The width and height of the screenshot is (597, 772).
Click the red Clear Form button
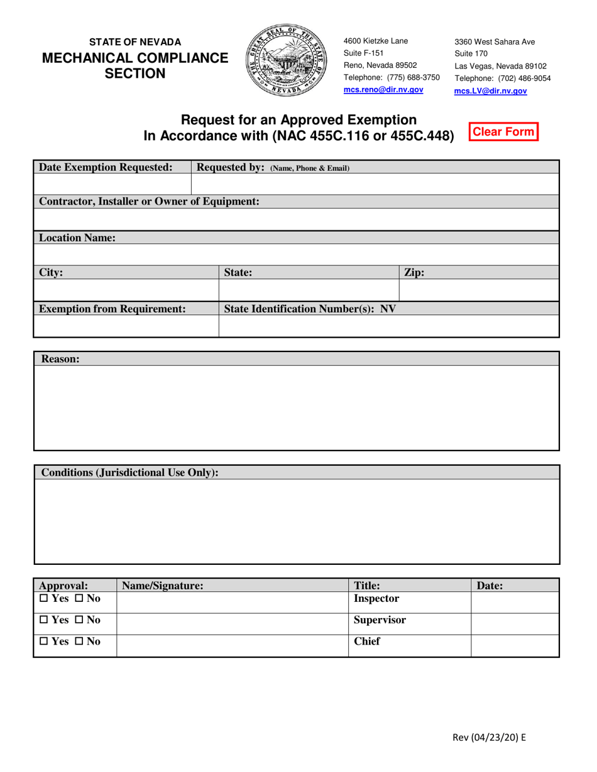[503, 132]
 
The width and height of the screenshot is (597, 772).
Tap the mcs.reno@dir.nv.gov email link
[383, 90]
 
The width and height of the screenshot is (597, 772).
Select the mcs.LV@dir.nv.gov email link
[491, 91]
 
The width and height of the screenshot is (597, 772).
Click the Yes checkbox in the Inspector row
[43, 599]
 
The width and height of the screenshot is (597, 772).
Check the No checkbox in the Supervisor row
[80, 620]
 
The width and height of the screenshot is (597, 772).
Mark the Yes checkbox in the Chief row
[43, 641]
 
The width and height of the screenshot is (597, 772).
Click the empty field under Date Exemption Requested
[112, 185]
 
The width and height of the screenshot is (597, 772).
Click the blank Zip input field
[479, 290]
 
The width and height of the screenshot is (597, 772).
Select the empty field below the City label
[126, 290]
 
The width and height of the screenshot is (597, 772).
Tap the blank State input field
[309, 290]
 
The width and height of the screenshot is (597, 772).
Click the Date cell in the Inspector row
[515, 602]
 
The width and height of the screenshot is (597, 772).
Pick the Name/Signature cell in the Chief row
[233, 645]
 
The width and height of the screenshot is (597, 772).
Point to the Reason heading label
[60, 359]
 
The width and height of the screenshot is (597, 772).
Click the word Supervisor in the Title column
[380, 620]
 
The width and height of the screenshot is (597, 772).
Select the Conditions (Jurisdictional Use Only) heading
[129, 473]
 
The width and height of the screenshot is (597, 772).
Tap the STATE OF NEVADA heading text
[134, 42]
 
